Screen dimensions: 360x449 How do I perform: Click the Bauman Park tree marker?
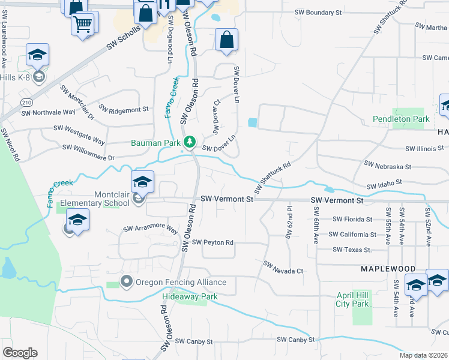[190, 142]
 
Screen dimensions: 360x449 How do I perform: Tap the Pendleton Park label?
[401, 119]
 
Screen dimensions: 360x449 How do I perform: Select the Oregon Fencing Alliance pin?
[126, 281]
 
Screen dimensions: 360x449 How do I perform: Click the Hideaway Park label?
[190, 296]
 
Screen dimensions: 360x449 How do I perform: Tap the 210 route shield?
[26, 103]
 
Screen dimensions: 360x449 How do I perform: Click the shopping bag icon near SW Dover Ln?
[226, 41]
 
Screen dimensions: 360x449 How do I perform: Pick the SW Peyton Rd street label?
[212, 242]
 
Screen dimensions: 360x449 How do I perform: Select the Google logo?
[20, 353]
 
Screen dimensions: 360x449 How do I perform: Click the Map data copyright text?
[423, 355]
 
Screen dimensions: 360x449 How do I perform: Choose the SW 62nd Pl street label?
[289, 223]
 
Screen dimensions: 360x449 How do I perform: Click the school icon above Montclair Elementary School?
[142, 182]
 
